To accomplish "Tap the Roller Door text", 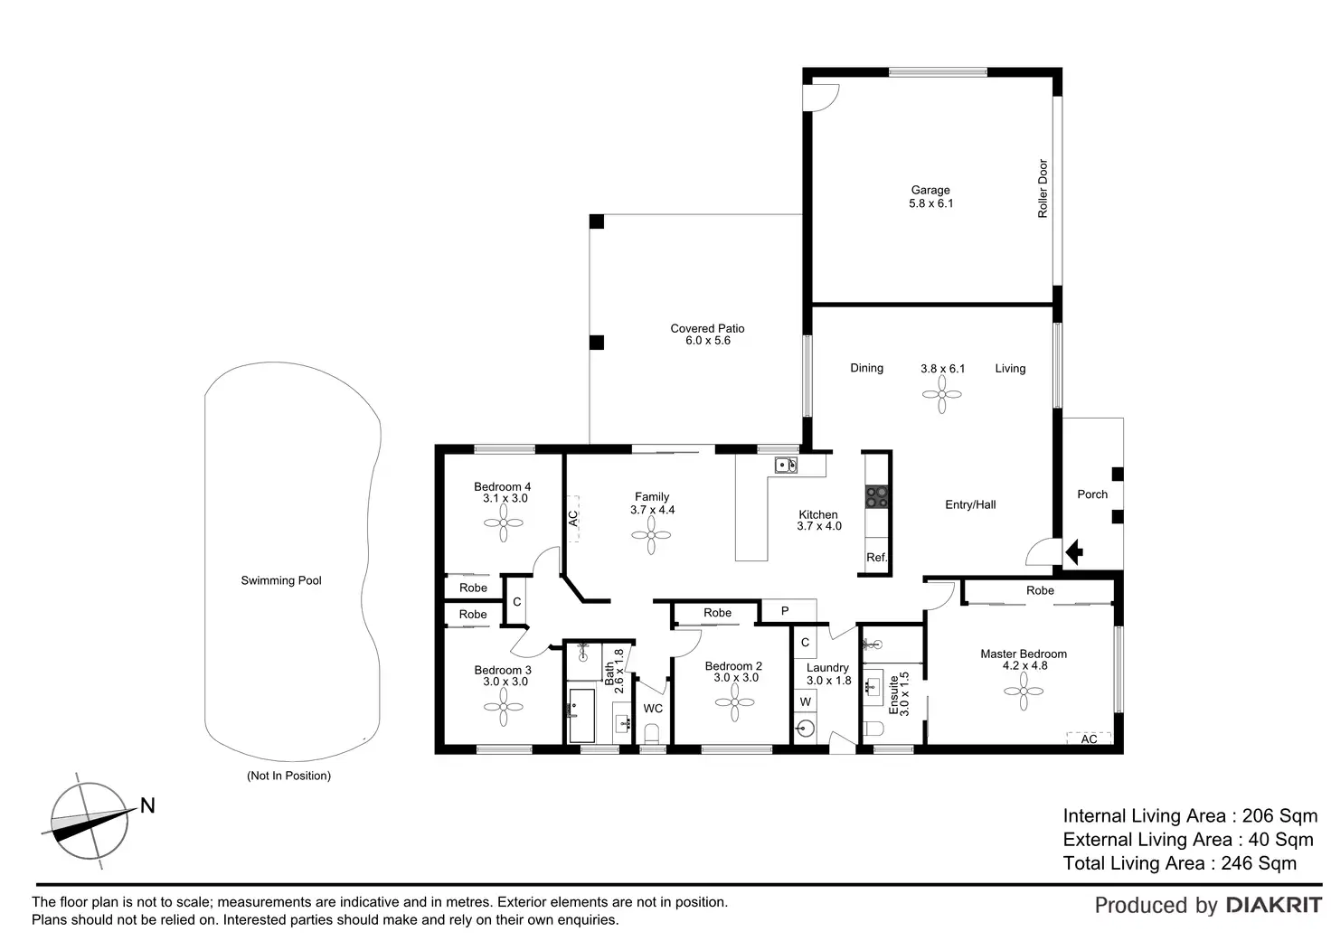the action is click(x=1043, y=189).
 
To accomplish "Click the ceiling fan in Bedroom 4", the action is click(x=505, y=522).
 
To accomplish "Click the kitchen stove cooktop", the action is click(x=877, y=495).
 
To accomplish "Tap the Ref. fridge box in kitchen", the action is click(x=877, y=557).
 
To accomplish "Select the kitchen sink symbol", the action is click(x=785, y=465).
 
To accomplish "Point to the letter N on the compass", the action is click(x=147, y=805).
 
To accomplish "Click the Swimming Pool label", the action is click(x=281, y=580).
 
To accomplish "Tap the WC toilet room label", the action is click(x=653, y=709).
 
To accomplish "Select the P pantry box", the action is click(x=786, y=611).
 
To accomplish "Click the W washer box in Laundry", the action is click(x=805, y=701).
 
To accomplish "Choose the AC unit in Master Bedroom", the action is click(x=1089, y=739).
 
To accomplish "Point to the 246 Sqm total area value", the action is click(x=1259, y=863).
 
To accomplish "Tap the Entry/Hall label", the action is click(x=970, y=504).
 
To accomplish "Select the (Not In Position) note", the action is click(x=288, y=776).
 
